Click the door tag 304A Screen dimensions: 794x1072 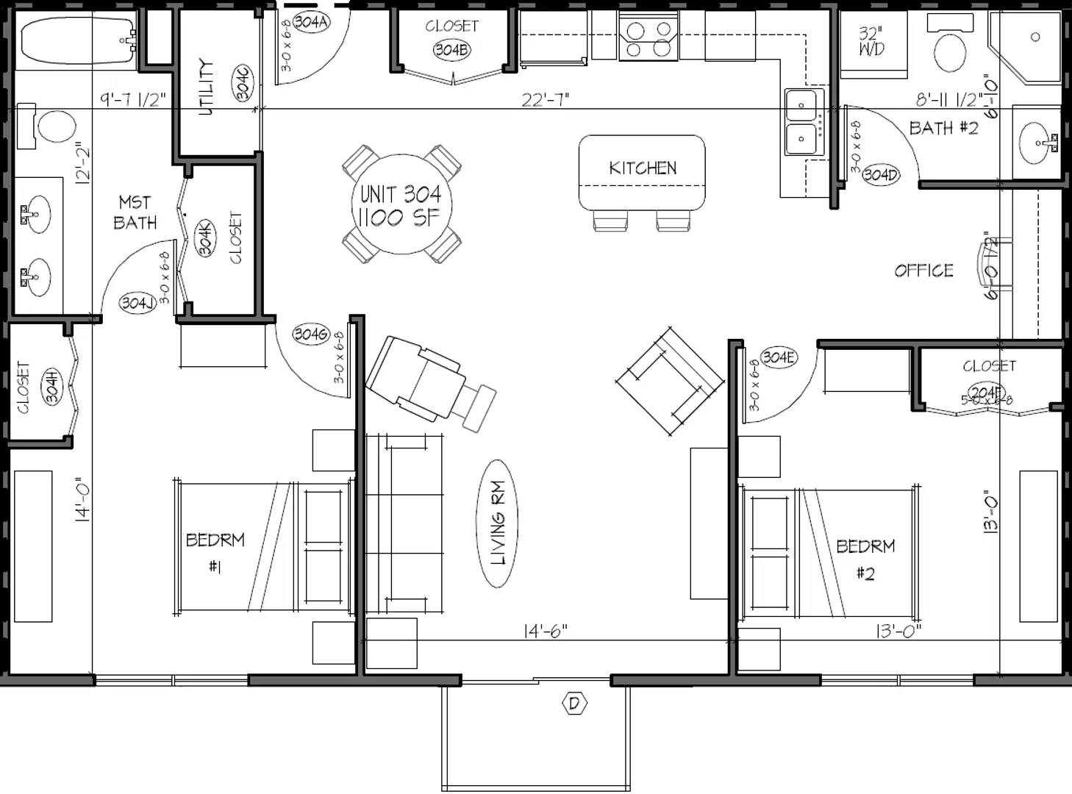(x=311, y=21)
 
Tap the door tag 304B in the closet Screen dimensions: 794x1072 (x=451, y=50)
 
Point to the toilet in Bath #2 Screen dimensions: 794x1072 (x=950, y=51)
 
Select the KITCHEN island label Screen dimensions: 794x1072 (x=642, y=168)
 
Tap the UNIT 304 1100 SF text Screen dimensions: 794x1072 (x=401, y=206)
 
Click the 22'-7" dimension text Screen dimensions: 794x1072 (x=545, y=99)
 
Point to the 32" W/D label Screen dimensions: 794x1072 (x=871, y=41)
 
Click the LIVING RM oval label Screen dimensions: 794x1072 (x=499, y=523)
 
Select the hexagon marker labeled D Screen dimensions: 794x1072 (x=574, y=704)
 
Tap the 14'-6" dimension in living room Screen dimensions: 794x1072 (x=545, y=631)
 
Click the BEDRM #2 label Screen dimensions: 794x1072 (x=865, y=559)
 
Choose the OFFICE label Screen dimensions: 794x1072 (x=923, y=271)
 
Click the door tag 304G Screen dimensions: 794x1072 (x=311, y=334)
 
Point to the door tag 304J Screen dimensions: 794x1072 (x=137, y=302)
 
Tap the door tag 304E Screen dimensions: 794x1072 (x=778, y=357)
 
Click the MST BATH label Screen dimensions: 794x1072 (x=135, y=212)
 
